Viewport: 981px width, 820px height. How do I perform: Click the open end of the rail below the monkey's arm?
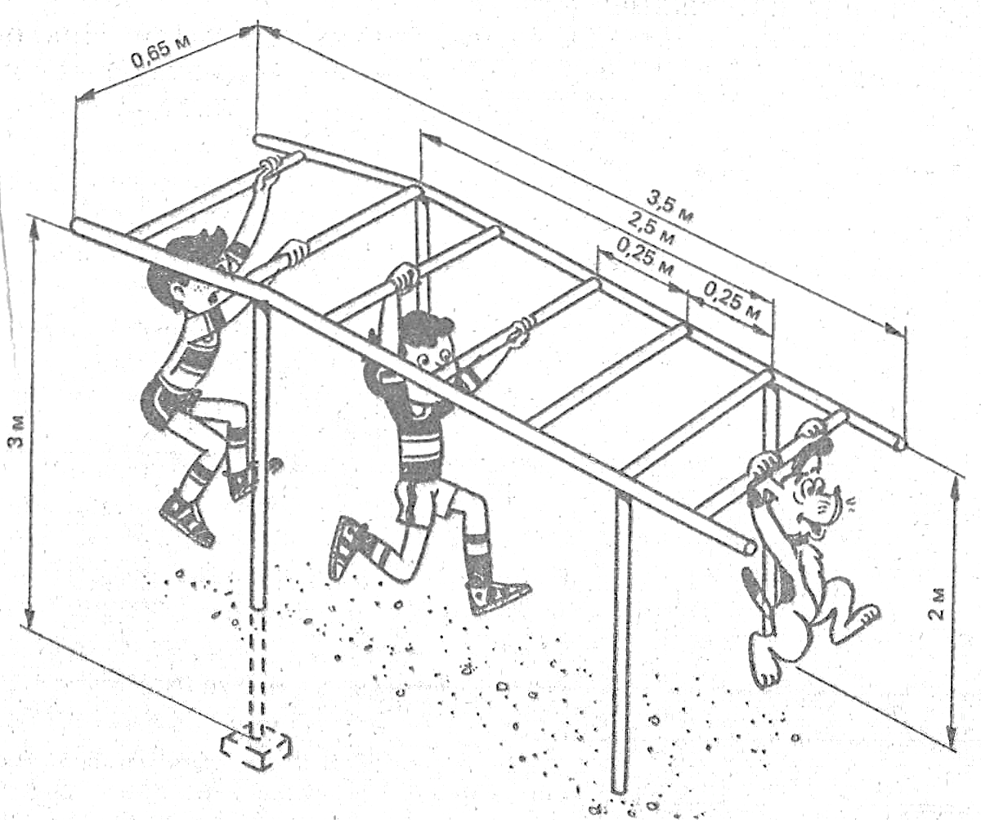(748, 546)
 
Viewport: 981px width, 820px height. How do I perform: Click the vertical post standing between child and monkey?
(622, 638)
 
